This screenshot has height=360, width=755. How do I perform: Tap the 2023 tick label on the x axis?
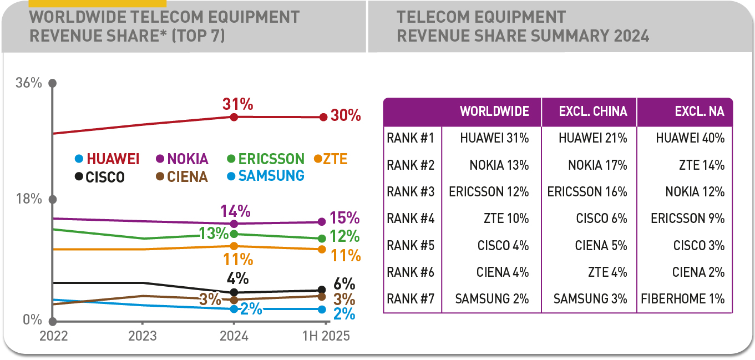(x=143, y=336)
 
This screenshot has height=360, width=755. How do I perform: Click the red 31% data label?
(x=237, y=104)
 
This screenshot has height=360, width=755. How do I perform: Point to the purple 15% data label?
(x=344, y=219)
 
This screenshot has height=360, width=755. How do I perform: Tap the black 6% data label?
(x=344, y=283)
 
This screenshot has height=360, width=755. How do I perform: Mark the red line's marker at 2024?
(x=234, y=117)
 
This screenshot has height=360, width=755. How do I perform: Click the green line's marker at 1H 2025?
(x=322, y=239)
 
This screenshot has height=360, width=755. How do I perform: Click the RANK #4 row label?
(x=411, y=219)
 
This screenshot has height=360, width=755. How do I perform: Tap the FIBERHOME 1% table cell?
(x=683, y=299)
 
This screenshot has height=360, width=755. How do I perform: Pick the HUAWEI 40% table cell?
(x=690, y=138)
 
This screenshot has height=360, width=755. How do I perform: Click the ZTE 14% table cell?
(x=702, y=165)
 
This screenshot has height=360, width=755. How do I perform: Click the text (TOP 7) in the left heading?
(x=198, y=36)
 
